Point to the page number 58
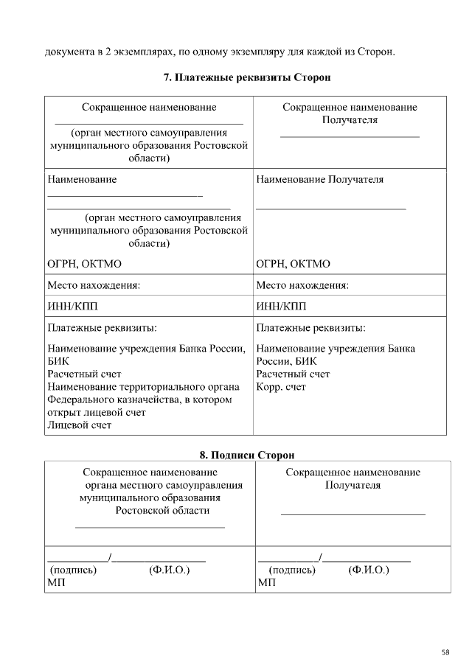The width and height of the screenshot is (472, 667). pyautogui.click(x=446, y=652)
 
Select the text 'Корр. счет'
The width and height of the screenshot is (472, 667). pyautogui.click(x=281, y=387)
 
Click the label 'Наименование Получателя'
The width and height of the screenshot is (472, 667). pyautogui.click(x=319, y=179)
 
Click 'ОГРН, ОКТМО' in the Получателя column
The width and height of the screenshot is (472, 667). pyautogui.click(x=293, y=264)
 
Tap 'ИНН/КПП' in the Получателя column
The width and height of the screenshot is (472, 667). pyautogui.click(x=281, y=306)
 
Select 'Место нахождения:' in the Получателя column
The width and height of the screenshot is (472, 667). pyautogui.click(x=302, y=285)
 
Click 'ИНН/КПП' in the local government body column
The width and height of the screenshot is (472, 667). pyautogui.click(x=72, y=306)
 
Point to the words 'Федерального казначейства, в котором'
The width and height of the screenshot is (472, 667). pyautogui.click(x=139, y=399)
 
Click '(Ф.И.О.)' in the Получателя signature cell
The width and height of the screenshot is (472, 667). pyautogui.click(x=368, y=570)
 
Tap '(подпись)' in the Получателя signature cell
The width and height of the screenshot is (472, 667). pyautogui.click(x=292, y=570)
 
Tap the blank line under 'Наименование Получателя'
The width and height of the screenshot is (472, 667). pyautogui.click(x=331, y=209)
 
